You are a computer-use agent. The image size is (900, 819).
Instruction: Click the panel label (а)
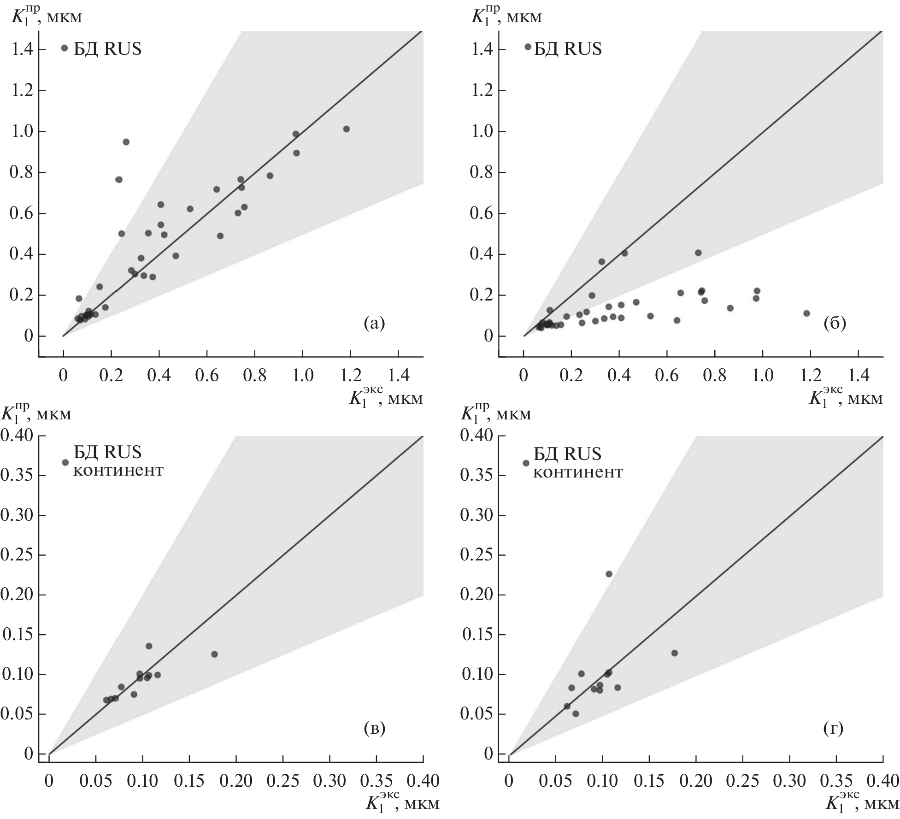[x=374, y=324]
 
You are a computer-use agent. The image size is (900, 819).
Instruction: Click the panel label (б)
[x=835, y=324]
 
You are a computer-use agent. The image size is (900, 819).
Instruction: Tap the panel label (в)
[x=374, y=728]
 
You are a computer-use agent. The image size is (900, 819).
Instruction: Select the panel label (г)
[x=833, y=729]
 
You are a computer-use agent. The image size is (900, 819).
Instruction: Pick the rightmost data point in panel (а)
[x=347, y=129]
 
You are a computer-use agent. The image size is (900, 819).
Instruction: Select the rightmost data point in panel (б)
[x=806, y=313]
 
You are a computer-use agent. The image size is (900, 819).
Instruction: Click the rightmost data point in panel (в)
[x=214, y=654]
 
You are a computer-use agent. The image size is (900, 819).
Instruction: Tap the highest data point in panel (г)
[x=609, y=574]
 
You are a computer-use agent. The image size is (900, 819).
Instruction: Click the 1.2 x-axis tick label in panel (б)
[x=810, y=375]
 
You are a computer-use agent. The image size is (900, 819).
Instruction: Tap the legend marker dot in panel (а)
[x=65, y=48]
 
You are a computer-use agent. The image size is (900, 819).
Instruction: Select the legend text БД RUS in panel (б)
[x=568, y=49]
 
